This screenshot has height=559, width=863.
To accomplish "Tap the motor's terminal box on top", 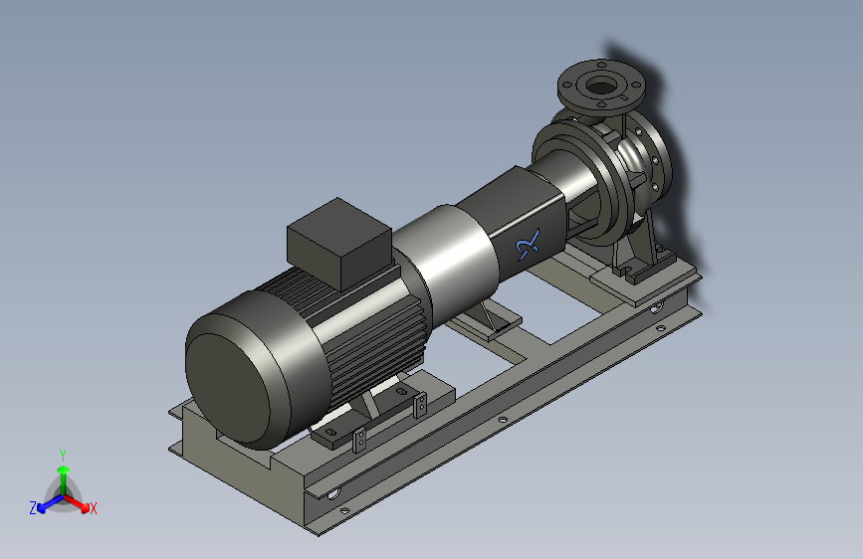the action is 339,243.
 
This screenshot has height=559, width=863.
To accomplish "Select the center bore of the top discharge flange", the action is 601,86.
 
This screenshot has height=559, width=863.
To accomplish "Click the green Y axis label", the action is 63,455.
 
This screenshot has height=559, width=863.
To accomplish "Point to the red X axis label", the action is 93,508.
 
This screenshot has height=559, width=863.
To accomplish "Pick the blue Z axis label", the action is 33,508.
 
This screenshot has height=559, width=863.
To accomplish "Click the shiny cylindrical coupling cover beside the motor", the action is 446,252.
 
